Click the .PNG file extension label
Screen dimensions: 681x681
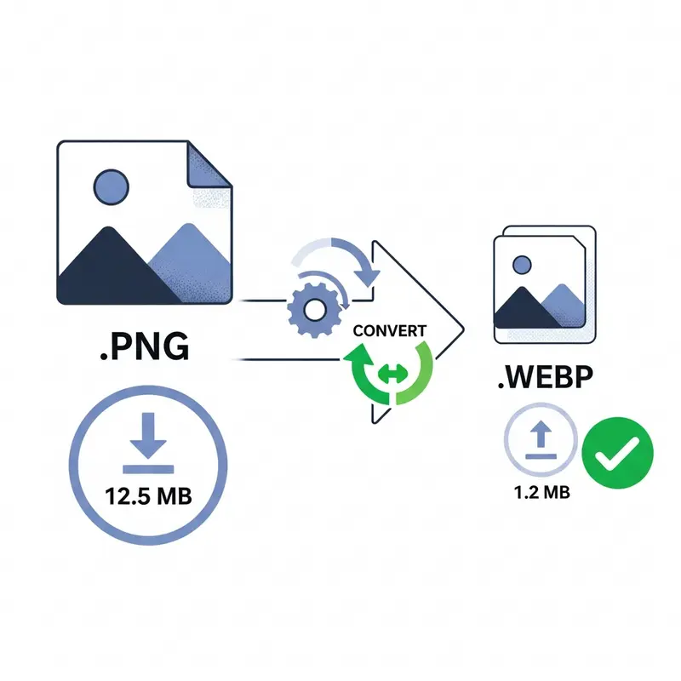(145, 346)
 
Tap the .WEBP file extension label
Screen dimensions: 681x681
(546, 377)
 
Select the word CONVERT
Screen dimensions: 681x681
(390, 331)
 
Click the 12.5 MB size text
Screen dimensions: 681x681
(148, 496)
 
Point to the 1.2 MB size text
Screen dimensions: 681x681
(541, 493)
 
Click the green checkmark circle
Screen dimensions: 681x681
(617, 453)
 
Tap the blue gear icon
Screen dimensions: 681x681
(314, 310)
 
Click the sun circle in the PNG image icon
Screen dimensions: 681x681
(112, 187)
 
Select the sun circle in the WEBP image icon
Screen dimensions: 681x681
(522, 265)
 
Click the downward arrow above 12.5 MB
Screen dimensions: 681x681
(148, 435)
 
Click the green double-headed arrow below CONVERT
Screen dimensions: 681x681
(392, 373)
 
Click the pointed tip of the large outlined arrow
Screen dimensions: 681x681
(464, 330)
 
